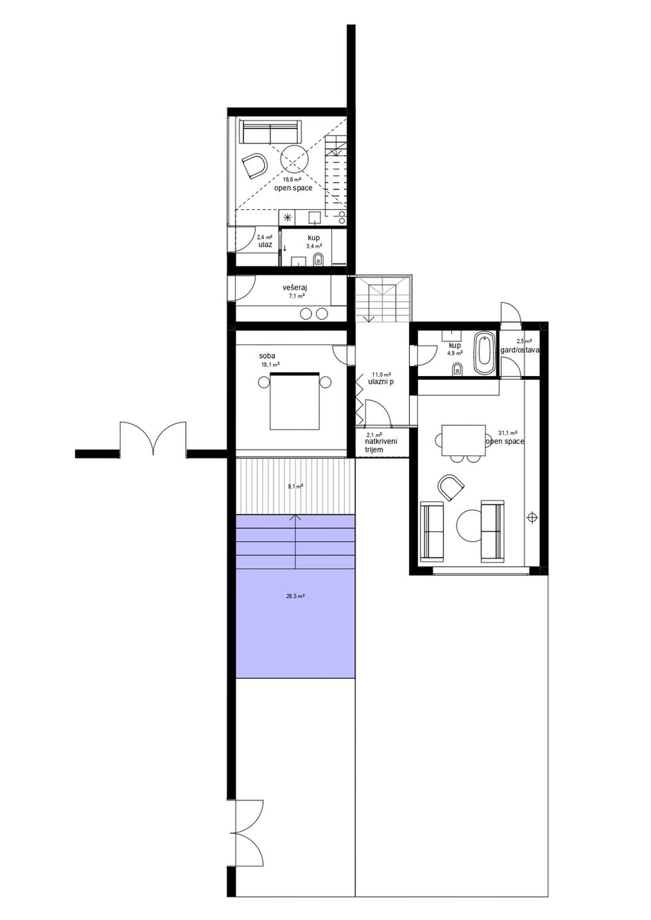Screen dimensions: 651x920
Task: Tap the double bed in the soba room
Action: (294, 401)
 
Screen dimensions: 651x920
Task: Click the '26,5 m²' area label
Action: (296, 596)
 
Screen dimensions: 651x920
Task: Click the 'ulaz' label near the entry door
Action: (265, 245)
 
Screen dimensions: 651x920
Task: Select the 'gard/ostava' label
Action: (519, 350)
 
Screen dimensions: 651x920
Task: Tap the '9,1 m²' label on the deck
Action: (296, 486)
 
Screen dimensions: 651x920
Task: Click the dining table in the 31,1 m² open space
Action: (463, 440)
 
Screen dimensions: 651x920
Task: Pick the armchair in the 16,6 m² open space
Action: (254, 165)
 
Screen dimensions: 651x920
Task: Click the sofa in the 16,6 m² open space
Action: (270, 132)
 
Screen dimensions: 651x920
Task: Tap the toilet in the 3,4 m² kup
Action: (318, 260)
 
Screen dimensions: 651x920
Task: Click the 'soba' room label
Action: (267, 355)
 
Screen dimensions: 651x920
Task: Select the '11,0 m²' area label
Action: (381, 374)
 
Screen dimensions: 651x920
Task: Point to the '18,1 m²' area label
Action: (270, 364)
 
